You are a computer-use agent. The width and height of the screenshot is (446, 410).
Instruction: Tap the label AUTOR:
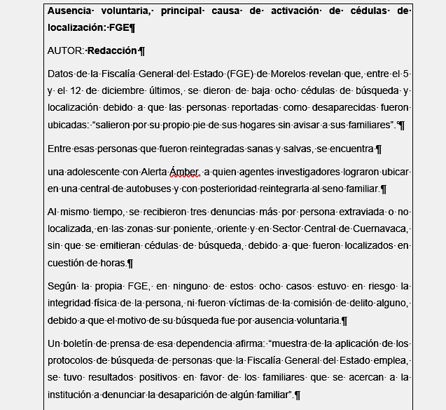(65, 50)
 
